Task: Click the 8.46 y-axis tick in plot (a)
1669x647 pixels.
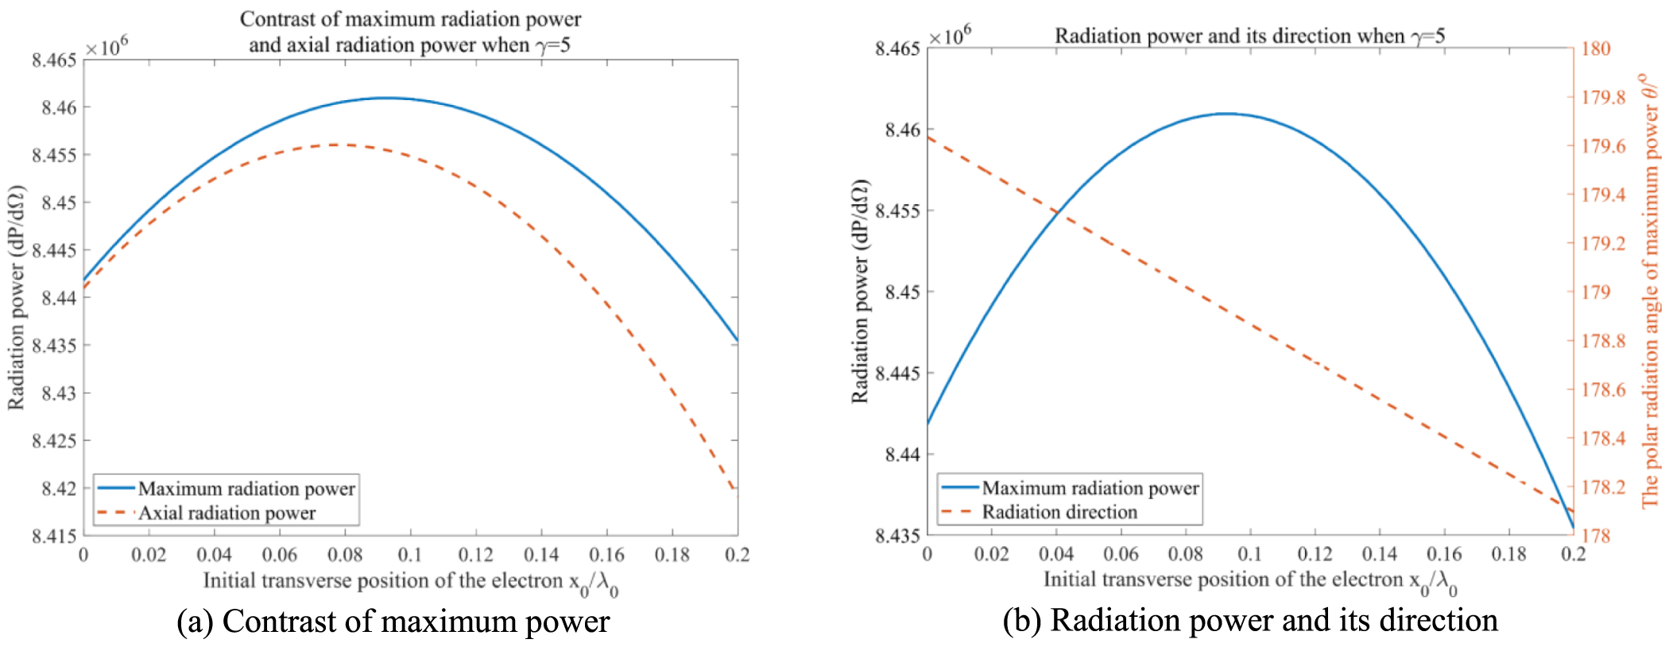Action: tap(59, 107)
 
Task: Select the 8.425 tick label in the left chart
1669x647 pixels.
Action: tap(54, 441)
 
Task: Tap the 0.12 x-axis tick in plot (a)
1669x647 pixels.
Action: tap(475, 555)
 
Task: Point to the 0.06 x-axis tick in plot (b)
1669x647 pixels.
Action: tap(1121, 554)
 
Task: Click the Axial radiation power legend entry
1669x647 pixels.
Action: tap(227, 513)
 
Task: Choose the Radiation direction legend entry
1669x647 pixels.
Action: tap(1059, 513)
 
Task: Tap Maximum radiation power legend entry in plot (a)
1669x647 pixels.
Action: tap(246, 489)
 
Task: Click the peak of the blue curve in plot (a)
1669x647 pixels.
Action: tap(386, 98)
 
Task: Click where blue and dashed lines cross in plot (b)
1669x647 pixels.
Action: tap(1057, 212)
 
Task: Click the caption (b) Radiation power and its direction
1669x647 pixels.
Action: tap(1249, 621)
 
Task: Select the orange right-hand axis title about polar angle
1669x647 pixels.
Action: tap(1651, 290)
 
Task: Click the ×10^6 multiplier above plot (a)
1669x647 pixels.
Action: tap(106, 48)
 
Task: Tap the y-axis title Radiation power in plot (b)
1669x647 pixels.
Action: tap(860, 291)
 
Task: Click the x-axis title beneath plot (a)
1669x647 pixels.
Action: tap(410, 583)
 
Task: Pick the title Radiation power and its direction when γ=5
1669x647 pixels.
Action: tap(1249, 36)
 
